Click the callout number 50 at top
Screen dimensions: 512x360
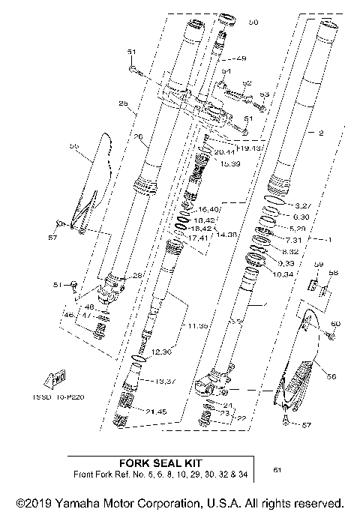coord(253,23)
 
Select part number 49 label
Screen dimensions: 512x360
coord(241,58)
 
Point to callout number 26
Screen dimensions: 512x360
coord(137,137)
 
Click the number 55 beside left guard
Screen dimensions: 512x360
coord(73,146)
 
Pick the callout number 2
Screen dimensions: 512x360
coord(320,133)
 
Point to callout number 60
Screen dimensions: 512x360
coord(335,323)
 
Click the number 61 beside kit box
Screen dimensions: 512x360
coord(278,470)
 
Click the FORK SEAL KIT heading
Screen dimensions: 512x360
coord(158,463)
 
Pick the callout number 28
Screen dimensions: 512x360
coord(136,276)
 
